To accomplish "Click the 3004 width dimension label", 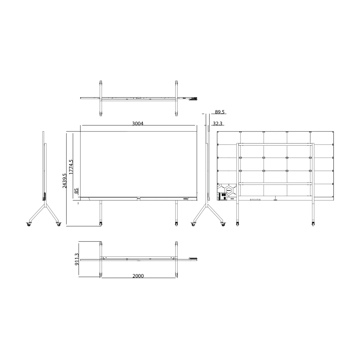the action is [x=138, y=124].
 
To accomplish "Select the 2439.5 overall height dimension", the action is [x=64, y=181].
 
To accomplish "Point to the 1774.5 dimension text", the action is [x=71, y=167].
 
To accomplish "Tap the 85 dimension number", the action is [x=76, y=191].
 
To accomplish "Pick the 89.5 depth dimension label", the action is [x=220, y=112].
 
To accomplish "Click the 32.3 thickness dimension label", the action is [x=217, y=124].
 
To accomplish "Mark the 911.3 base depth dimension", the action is [x=76, y=259].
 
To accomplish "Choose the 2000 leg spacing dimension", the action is [x=138, y=276].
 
